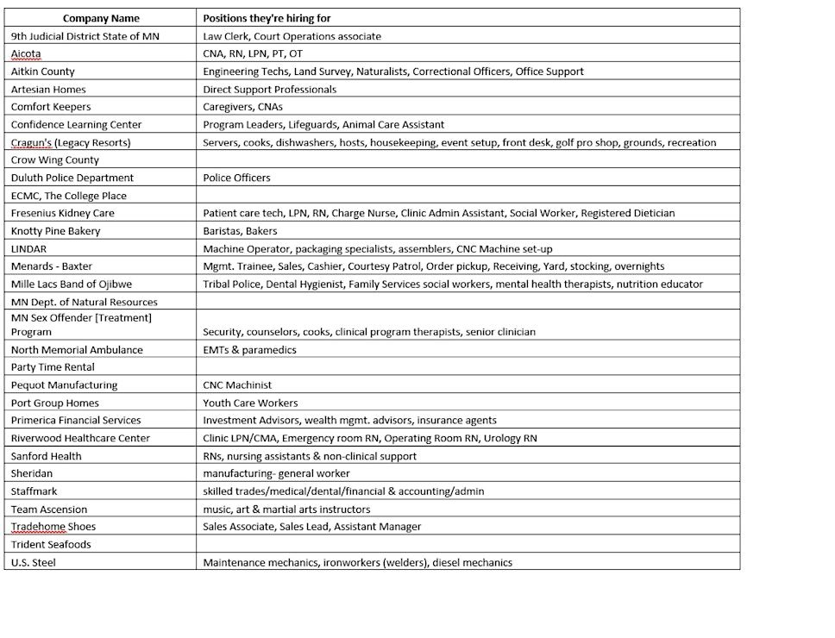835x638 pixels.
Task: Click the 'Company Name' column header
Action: tap(101, 18)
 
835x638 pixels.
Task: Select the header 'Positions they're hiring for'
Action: tap(267, 18)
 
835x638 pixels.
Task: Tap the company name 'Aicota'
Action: tap(26, 53)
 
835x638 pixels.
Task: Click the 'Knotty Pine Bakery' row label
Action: tap(55, 231)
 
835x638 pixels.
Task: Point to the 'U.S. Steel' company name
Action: tap(34, 563)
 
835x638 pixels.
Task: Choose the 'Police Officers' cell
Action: tap(236, 178)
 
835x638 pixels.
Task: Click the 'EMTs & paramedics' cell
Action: tap(249, 350)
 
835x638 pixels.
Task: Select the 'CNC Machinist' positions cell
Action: tap(237, 385)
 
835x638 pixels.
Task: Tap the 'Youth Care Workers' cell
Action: tap(250, 403)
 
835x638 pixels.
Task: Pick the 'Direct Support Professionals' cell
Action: tap(269, 89)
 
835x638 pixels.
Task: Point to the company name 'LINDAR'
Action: tap(28, 248)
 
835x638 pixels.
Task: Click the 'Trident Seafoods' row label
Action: tap(51, 545)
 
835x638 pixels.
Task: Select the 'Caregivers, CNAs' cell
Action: tap(242, 107)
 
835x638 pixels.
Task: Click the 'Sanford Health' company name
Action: tap(47, 456)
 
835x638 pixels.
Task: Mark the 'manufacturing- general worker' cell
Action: tap(276, 473)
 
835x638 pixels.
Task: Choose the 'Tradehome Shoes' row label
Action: tap(53, 527)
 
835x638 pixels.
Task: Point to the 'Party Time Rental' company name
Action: tap(53, 367)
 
